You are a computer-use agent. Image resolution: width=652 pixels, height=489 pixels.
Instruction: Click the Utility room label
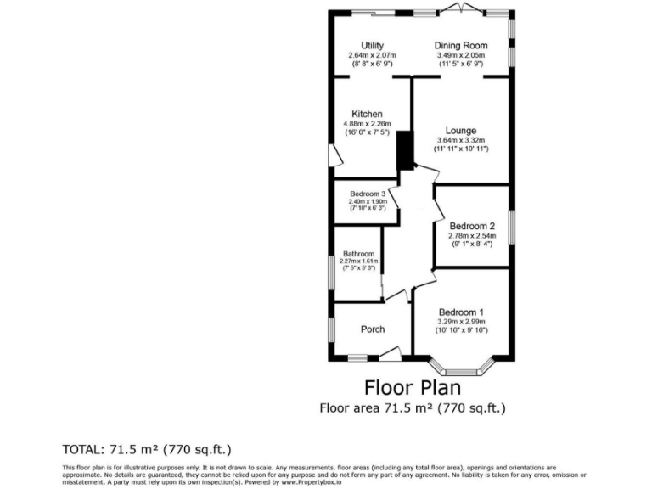[x=372, y=46]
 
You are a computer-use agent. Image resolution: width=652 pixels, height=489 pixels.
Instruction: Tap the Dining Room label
[x=461, y=46]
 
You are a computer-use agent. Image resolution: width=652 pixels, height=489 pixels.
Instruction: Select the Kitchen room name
[x=368, y=114]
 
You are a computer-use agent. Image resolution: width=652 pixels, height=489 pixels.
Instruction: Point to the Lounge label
[x=461, y=131]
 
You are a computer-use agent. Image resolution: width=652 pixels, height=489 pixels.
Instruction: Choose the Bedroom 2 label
[x=472, y=226]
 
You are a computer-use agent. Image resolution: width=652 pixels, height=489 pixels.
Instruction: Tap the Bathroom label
[x=358, y=254]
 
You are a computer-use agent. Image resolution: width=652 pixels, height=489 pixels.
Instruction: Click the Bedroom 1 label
[x=461, y=312]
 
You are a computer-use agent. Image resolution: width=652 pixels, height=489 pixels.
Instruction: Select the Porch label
[x=373, y=329]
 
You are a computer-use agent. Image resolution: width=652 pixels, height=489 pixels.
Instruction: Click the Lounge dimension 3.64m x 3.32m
[x=461, y=141]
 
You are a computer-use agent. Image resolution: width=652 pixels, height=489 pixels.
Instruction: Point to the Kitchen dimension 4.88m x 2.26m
[x=368, y=124]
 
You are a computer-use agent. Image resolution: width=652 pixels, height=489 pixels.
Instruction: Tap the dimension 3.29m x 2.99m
[x=461, y=322]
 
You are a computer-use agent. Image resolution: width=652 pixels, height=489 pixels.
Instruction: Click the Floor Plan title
[x=413, y=388]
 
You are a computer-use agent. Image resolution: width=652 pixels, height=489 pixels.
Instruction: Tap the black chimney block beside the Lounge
[x=404, y=151]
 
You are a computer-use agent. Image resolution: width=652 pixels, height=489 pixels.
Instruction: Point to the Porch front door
[x=390, y=352]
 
